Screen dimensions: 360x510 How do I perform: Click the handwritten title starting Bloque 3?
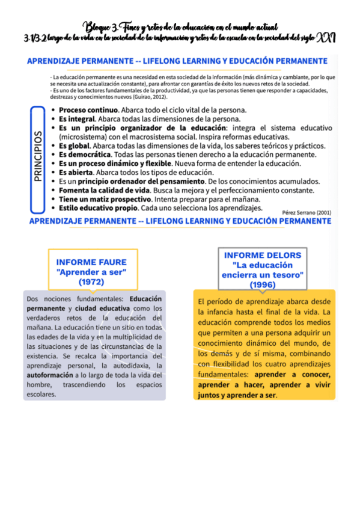click(180, 26)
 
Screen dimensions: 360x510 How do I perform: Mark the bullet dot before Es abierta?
click(53, 173)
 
